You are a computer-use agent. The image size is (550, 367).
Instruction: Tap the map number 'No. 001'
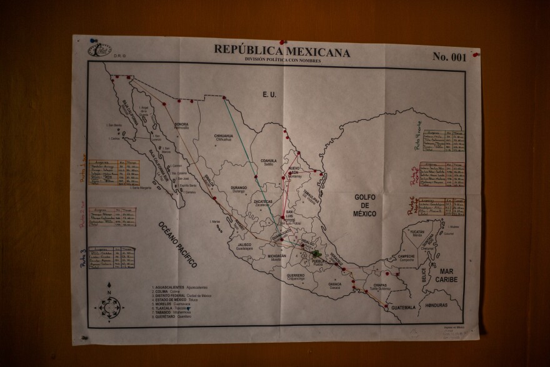coord(449,57)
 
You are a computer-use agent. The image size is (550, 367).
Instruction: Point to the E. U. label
coord(269,94)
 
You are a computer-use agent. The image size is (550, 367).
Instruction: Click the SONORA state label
coord(182,124)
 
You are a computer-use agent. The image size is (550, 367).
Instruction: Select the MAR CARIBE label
coord(446,275)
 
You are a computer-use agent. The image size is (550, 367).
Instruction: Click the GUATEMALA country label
coord(401,307)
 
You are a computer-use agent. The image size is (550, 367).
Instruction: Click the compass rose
coord(109,306)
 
